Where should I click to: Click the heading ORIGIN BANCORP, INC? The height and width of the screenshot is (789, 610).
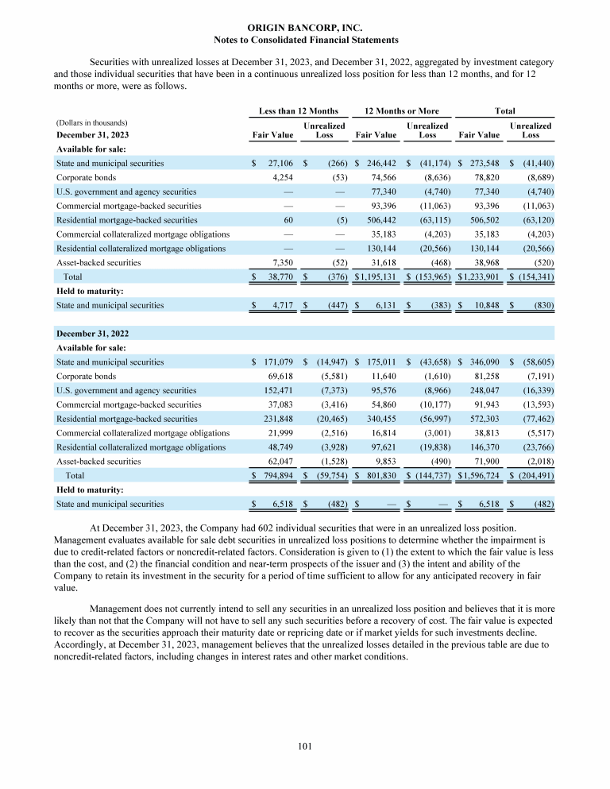(306, 28)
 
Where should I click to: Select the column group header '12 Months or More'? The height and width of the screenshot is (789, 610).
(401, 111)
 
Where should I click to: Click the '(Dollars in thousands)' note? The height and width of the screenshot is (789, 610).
(92, 123)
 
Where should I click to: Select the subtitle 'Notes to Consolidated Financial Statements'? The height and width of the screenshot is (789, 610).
(306, 40)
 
